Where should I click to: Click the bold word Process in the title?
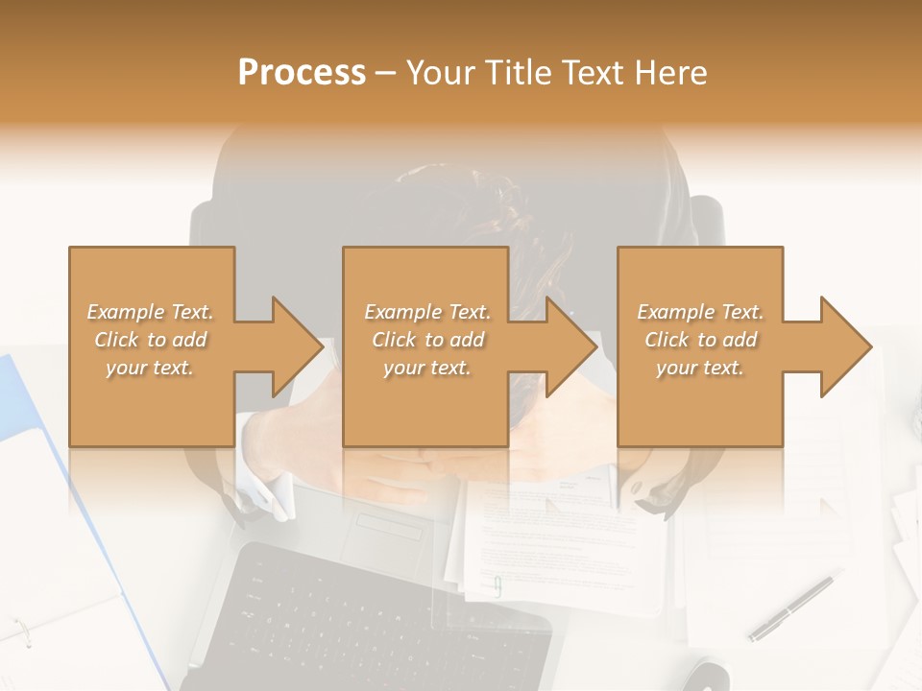302,73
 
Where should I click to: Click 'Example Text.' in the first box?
151,312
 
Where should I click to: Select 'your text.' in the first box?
151,368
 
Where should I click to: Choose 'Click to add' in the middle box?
427,340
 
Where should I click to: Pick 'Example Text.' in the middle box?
427,312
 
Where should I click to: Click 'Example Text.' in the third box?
700,312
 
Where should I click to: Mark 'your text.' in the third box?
700,368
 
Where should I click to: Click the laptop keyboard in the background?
375,614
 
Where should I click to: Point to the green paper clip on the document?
497,586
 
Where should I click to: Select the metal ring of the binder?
21,631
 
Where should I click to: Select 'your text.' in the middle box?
427,368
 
